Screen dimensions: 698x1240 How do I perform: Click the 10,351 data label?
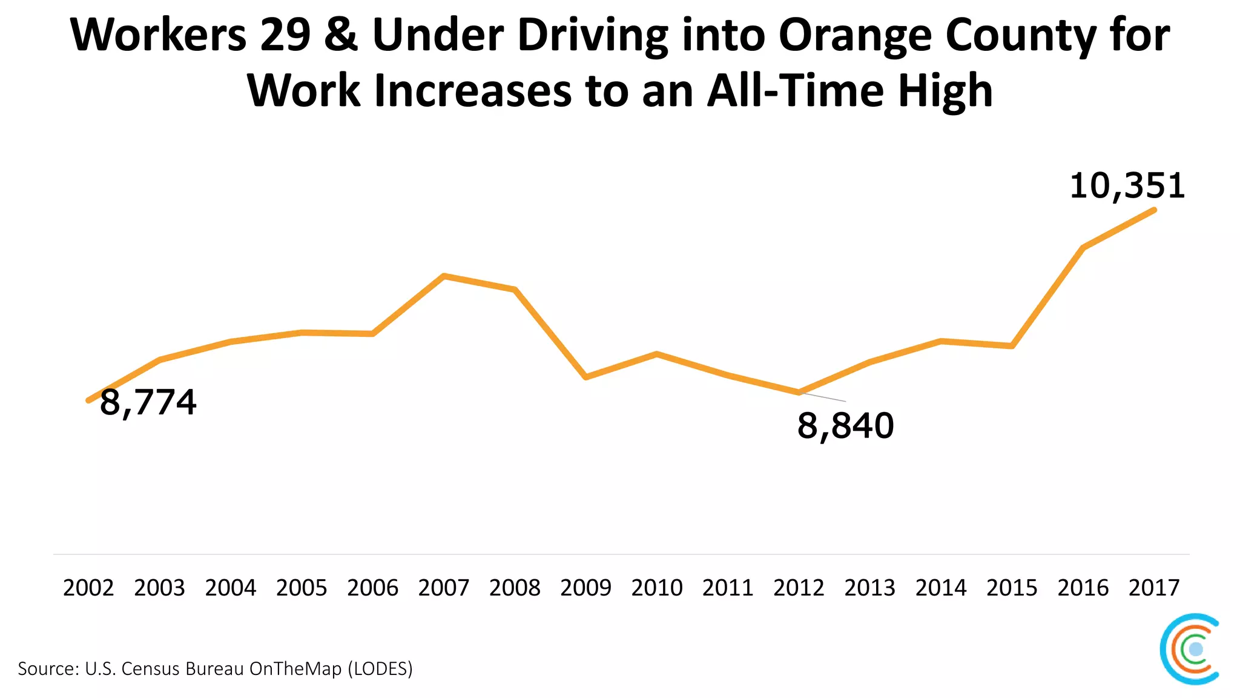pos(1127,185)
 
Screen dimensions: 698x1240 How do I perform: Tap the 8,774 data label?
pos(148,402)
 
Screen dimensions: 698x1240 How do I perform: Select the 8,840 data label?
pos(845,425)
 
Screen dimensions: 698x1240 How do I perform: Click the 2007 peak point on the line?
pos(444,276)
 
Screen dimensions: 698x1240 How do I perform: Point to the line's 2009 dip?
pos(586,377)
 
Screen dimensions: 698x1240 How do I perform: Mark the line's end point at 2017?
pos(1154,210)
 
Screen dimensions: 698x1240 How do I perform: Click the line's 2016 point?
pos(1083,247)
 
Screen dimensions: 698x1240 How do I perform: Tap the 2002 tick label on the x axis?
pos(88,588)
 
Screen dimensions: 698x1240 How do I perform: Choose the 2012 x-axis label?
pos(799,588)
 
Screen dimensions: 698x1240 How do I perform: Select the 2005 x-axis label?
pos(302,588)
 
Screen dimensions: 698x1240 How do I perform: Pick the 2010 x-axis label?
pos(657,588)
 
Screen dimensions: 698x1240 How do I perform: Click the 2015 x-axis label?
pos(1012,588)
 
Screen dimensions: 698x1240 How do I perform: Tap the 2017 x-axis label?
pos(1154,588)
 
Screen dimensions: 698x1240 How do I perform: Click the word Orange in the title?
pos(856,35)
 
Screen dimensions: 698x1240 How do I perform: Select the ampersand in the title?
pos(341,35)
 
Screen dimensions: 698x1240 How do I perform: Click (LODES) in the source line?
pos(380,669)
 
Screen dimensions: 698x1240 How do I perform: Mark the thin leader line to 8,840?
pos(823,397)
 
